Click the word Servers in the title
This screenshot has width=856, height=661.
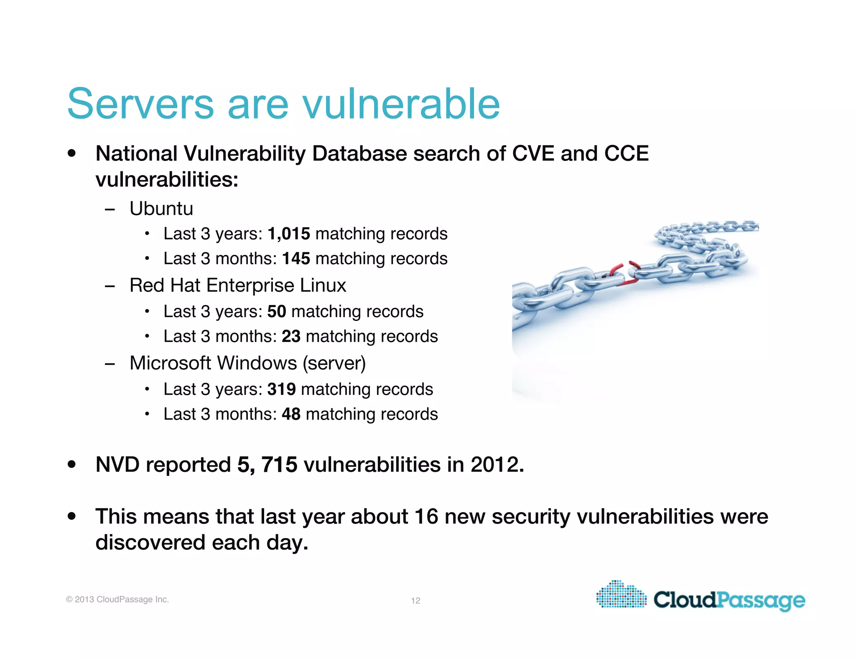click(140, 104)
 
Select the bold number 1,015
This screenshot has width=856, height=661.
click(289, 234)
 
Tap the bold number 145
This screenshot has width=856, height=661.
click(296, 259)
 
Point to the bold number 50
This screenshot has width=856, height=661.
click(277, 312)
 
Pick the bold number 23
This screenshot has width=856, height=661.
click(291, 336)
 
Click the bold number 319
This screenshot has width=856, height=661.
click(282, 389)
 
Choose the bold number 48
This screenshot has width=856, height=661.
click(291, 414)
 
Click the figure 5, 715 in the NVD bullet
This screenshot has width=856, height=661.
click(267, 465)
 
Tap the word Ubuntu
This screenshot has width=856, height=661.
click(161, 208)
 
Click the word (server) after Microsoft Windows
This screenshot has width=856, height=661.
click(334, 363)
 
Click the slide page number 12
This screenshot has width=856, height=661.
click(415, 601)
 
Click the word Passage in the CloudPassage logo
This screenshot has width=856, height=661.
click(761, 600)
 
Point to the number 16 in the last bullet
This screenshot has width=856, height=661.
click(426, 516)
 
